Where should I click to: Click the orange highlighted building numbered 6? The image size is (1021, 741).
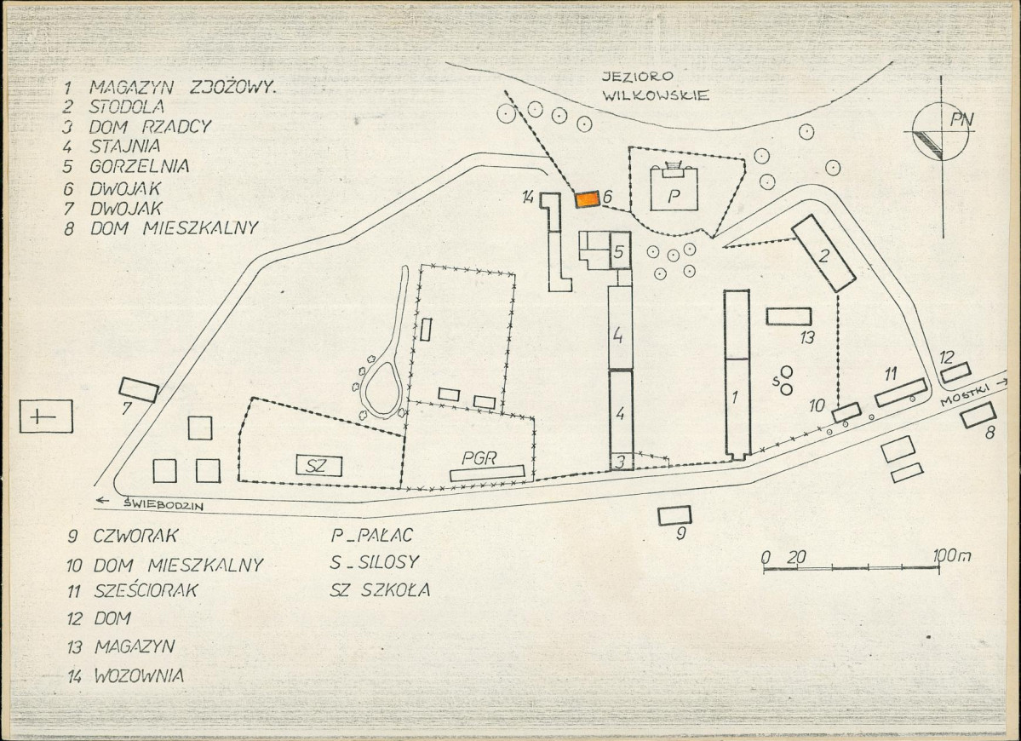tap(588, 199)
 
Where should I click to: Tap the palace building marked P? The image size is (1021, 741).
tap(674, 189)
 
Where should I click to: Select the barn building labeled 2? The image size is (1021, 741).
tap(823, 253)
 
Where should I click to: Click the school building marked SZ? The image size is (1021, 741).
tap(319, 465)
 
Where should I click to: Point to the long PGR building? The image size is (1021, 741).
tap(487, 474)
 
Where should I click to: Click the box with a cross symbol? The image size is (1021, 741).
tap(46, 416)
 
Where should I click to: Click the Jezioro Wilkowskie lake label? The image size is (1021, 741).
tap(654, 86)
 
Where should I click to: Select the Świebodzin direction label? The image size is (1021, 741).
tap(163, 504)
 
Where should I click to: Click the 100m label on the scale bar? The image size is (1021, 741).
tap(952, 555)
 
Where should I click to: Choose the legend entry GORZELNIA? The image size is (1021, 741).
tap(140, 166)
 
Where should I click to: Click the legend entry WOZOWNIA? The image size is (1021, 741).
tap(139, 675)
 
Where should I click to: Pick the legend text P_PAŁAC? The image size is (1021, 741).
tap(372, 535)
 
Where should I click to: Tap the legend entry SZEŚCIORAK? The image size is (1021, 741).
tap(146, 590)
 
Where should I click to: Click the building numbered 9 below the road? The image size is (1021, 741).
tap(674, 515)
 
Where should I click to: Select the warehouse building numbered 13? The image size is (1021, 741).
tap(789, 317)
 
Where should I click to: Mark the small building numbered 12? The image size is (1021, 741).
tap(956, 372)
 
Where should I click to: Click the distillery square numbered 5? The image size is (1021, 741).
tap(619, 250)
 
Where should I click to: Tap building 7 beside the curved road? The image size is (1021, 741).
tap(139, 389)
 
